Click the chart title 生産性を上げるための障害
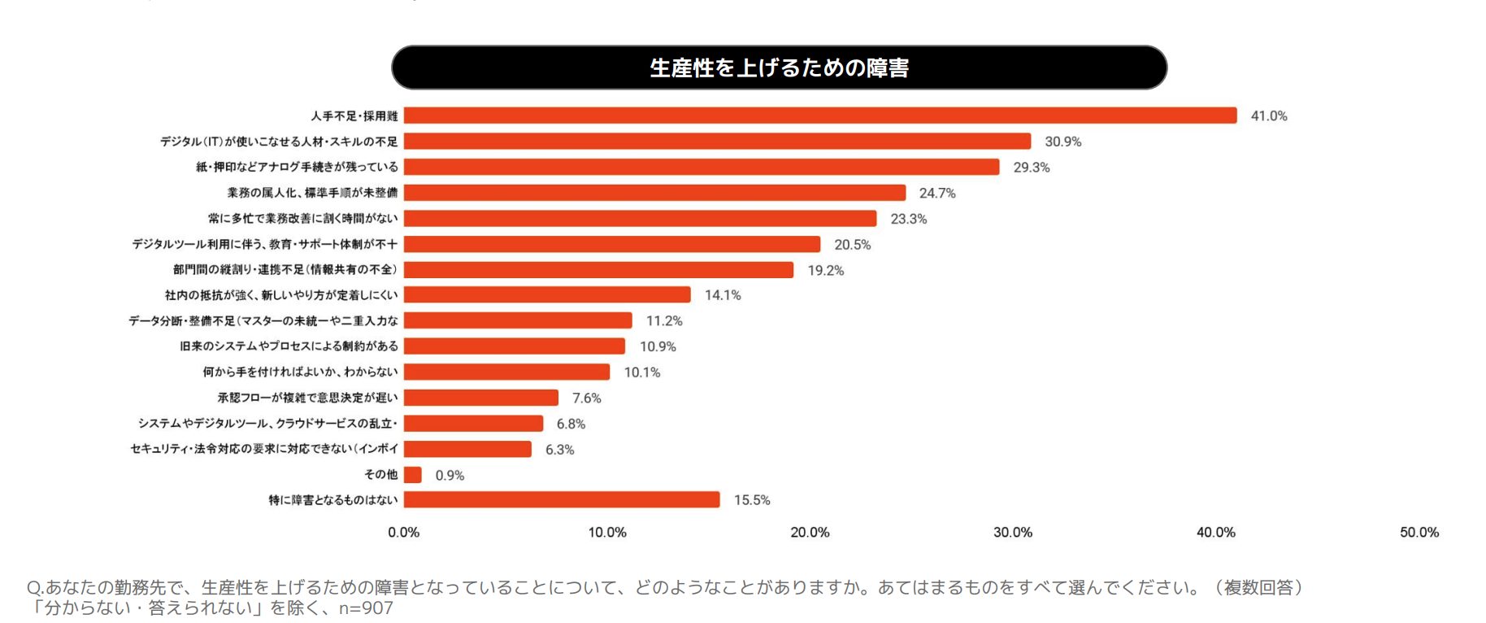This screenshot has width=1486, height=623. click(779, 68)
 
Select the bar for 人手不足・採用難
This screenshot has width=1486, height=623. click(819, 115)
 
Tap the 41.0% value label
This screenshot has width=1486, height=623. click(1268, 116)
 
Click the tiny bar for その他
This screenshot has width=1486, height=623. click(412, 475)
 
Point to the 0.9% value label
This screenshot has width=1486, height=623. click(450, 476)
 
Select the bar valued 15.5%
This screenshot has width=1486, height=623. click(561, 499)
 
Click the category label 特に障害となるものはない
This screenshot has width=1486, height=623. click(333, 499)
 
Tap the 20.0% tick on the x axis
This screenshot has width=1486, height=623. click(810, 533)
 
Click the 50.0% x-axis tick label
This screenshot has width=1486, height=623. click(1419, 533)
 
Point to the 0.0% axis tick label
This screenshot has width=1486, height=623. click(403, 533)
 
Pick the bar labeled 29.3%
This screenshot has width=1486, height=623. click(701, 167)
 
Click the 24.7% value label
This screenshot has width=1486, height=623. click(936, 194)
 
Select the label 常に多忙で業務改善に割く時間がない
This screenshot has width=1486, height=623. click(302, 218)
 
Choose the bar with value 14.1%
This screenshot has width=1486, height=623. click(546, 294)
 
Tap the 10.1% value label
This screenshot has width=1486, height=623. click(641, 372)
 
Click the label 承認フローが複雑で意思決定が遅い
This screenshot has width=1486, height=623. click(307, 398)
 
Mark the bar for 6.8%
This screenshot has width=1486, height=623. click(473, 423)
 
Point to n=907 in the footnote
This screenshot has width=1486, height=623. click(366, 608)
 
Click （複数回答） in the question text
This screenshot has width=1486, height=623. click(1258, 587)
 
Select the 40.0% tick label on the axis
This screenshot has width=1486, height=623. click(1215, 533)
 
